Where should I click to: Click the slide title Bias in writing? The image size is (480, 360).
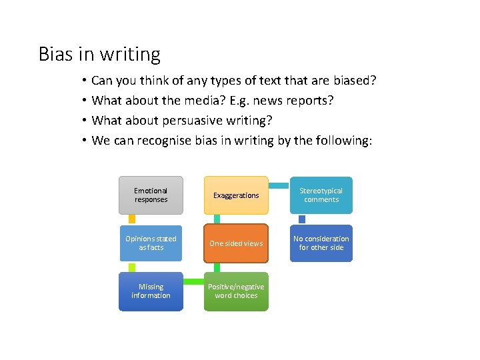pyautogui.click(x=99, y=54)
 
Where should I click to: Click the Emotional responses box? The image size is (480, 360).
pyautogui.click(x=151, y=195)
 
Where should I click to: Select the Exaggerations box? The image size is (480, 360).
pyautogui.click(x=236, y=195)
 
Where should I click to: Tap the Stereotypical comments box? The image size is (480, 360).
pyautogui.click(x=321, y=195)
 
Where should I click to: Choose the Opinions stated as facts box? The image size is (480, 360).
pyautogui.click(x=151, y=243)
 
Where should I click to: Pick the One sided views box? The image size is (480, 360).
pyautogui.click(x=236, y=243)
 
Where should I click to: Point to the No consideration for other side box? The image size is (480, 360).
pyautogui.click(x=321, y=243)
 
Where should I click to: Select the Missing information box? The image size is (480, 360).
pyautogui.click(x=151, y=291)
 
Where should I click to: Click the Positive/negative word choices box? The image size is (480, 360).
pyautogui.click(x=236, y=291)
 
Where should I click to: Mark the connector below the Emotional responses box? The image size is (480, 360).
pyautogui.click(x=132, y=219)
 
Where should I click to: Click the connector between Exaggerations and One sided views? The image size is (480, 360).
pyautogui.click(x=217, y=219)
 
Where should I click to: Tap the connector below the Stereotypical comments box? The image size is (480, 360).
pyautogui.click(x=302, y=219)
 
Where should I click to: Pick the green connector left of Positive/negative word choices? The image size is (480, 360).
pyautogui.click(x=193, y=280)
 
